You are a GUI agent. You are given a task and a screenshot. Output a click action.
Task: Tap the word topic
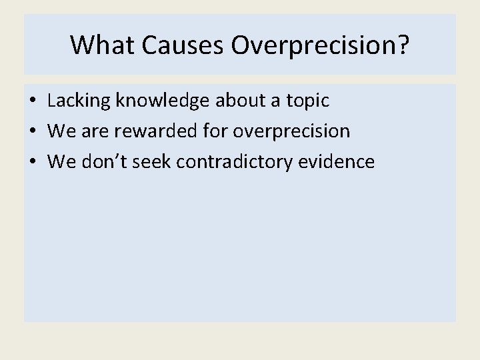[x=307, y=101]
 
